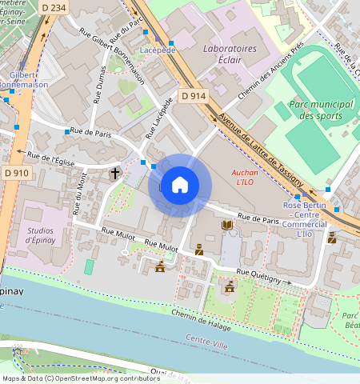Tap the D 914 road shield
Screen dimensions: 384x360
(193, 96)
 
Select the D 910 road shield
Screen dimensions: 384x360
(16, 173)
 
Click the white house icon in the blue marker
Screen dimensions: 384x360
(180, 185)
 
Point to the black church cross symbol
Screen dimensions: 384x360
(114, 173)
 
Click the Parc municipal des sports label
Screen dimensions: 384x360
(310, 110)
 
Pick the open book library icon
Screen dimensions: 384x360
(227, 227)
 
